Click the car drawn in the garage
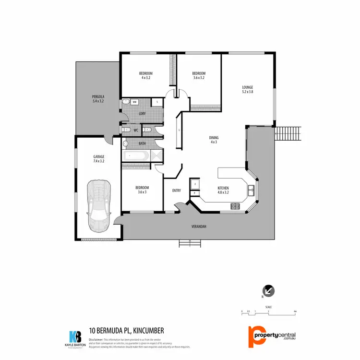click(99, 204)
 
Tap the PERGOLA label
click(98, 99)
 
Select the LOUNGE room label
click(247, 89)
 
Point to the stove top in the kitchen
click(236, 206)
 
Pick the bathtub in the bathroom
click(137, 156)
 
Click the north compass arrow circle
click(268, 290)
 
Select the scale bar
click(268, 312)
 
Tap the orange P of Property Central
click(254, 336)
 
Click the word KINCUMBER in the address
click(148, 331)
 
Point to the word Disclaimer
click(96, 339)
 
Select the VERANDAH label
click(199, 227)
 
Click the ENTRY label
click(177, 191)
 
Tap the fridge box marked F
click(195, 184)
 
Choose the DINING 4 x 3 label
click(214, 140)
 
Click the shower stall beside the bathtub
click(156, 156)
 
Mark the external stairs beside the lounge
click(288, 132)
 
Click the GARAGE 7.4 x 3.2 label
click(99, 159)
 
